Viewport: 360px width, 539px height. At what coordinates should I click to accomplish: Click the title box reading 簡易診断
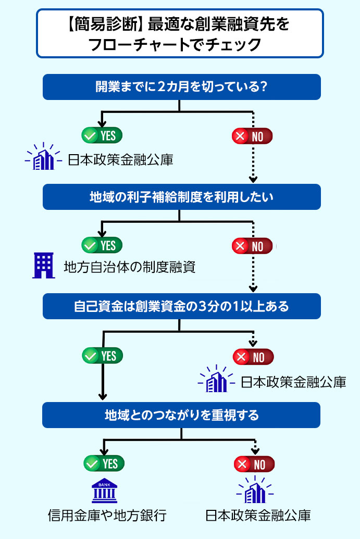(x=180, y=33)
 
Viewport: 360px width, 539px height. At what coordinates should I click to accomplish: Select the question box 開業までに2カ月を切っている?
(x=181, y=86)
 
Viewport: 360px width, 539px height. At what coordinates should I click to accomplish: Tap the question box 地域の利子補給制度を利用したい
(x=181, y=196)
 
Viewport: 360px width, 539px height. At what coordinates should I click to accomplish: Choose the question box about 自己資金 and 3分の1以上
(x=181, y=306)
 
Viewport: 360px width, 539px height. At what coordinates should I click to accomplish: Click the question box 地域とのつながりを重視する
(x=181, y=415)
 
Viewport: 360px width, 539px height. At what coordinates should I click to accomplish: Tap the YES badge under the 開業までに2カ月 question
(x=102, y=135)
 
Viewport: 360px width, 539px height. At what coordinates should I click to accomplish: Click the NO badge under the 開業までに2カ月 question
(x=252, y=136)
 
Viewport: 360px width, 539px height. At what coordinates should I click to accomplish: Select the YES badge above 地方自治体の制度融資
(x=102, y=245)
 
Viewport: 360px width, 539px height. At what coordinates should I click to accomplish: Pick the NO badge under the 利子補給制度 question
(x=252, y=246)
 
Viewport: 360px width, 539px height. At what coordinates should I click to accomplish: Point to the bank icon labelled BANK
(x=105, y=490)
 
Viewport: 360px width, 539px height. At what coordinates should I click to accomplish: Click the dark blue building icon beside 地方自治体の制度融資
(x=43, y=266)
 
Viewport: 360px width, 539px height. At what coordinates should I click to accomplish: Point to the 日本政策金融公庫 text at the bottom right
(x=258, y=516)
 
